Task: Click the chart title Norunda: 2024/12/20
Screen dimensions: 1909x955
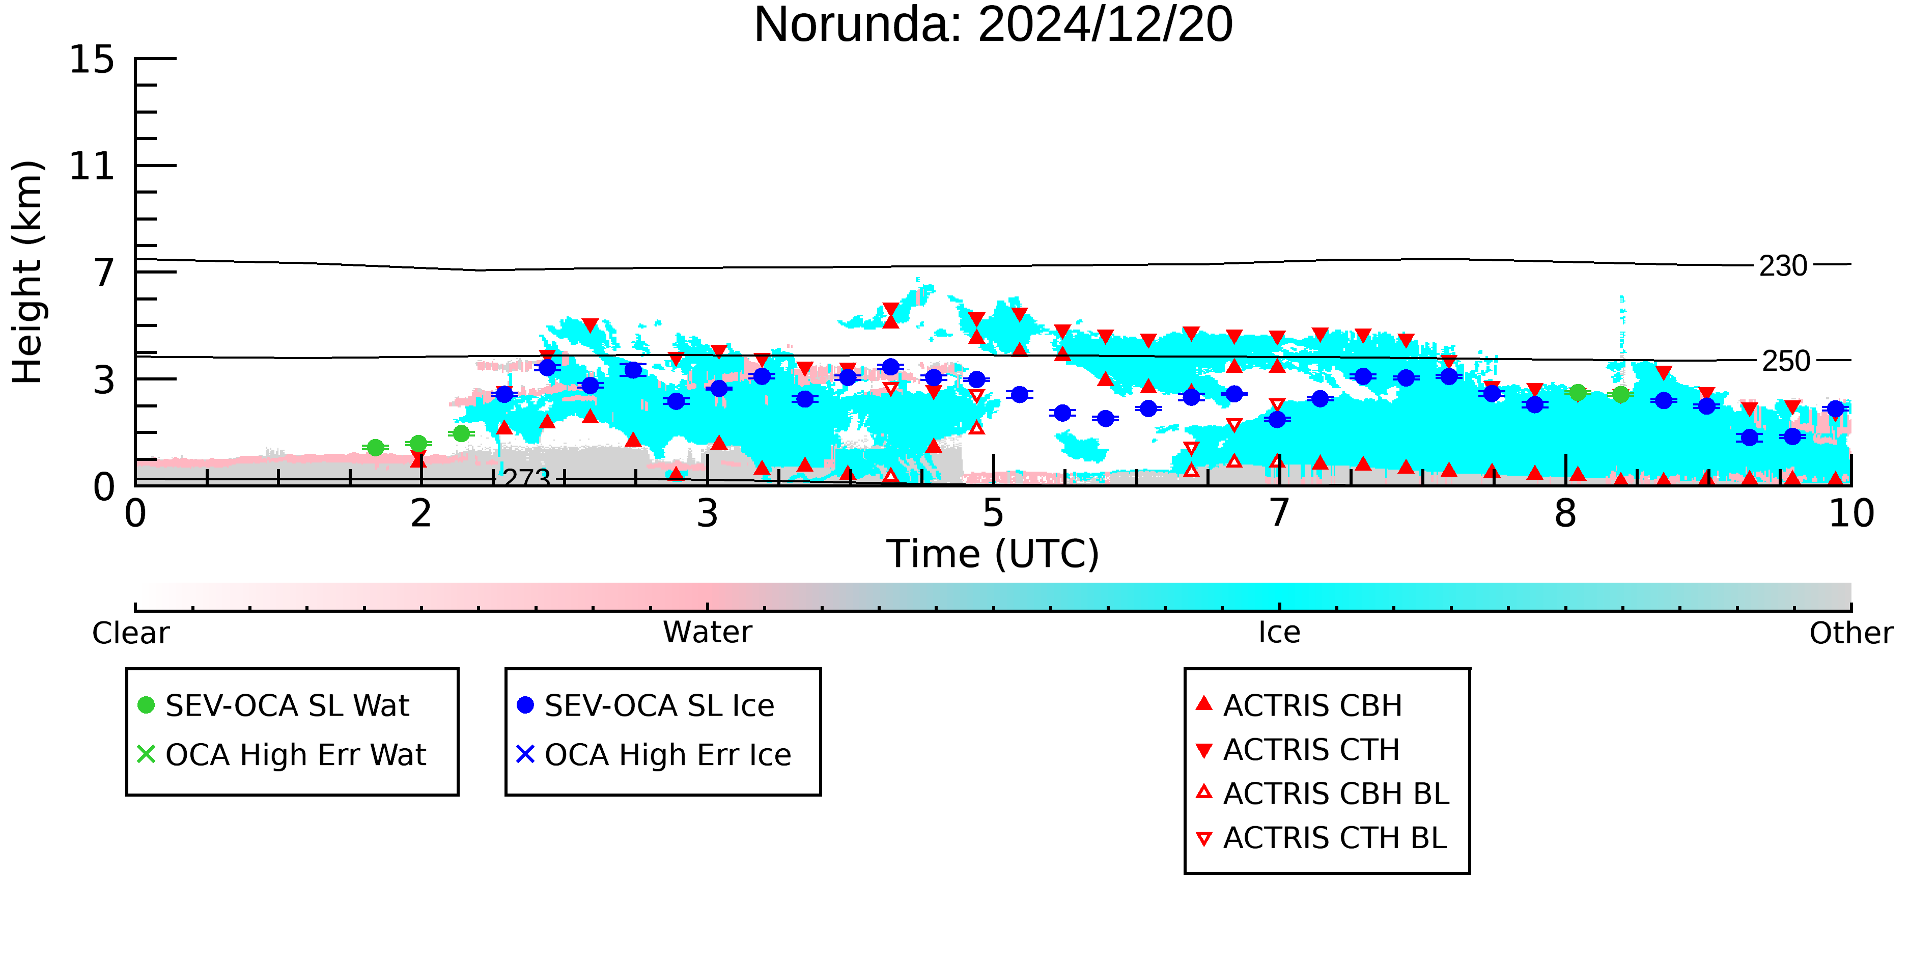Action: pyautogui.click(x=993, y=24)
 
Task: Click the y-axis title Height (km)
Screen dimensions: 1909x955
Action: pyautogui.click(x=27, y=272)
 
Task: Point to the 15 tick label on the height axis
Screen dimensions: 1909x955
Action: pyautogui.click(x=92, y=59)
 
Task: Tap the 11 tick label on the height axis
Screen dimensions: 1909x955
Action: pyautogui.click(x=92, y=166)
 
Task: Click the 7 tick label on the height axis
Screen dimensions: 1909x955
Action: pyautogui.click(x=104, y=273)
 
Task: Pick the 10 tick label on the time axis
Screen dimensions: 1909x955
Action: pyautogui.click(x=1851, y=513)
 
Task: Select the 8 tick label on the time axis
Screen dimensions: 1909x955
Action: pyautogui.click(x=1565, y=513)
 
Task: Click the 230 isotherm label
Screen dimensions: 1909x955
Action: pyautogui.click(x=1783, y=265)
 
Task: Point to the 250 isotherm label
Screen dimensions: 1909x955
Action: pyautogui.click(x=1786, y=361)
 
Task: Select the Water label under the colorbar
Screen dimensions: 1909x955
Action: pyautogui.click(x=708, y=633)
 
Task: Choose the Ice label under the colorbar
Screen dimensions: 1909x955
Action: pyautogui.click(x=1279, y=633)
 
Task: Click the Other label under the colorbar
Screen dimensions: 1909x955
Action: pyautogui.click(x=1851, y=633)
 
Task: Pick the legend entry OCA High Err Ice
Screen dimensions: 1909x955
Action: pyautogui.click(x=654, y=755)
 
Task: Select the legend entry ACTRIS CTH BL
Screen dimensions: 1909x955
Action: pyautogui.click(x=1322, y=838)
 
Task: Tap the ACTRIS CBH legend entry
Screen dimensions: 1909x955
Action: pyautogui.click(x=1299, y=705)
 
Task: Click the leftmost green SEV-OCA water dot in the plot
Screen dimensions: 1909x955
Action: pyautogui.click(x=376, y=448)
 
